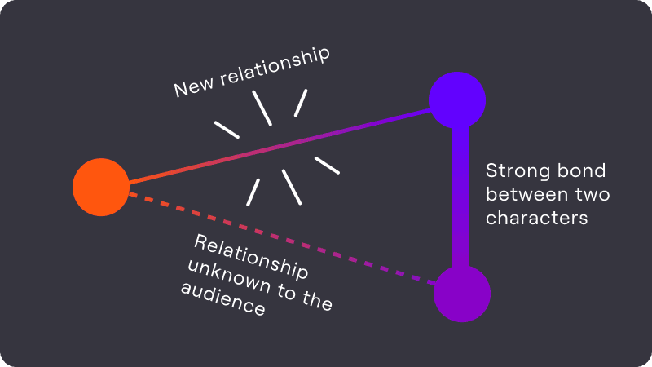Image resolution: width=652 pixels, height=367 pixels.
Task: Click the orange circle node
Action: click(101, 188)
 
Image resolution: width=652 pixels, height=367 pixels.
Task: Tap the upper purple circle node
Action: click(457, 100)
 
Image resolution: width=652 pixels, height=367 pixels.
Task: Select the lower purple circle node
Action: click(461, 294)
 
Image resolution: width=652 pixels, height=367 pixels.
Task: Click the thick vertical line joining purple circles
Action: click(460, 196)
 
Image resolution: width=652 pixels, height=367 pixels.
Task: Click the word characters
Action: click(536, 219)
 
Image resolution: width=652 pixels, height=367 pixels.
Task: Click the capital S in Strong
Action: click(491, 172)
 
